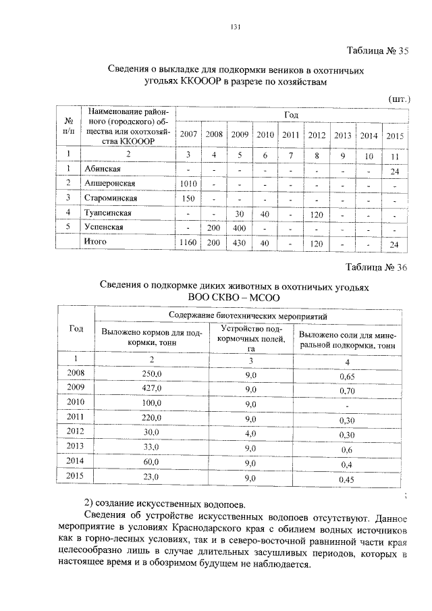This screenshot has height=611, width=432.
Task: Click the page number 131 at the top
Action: coord(236,27)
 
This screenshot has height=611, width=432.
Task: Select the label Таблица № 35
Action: coord(377,51)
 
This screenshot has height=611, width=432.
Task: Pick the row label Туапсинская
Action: coord(108,213)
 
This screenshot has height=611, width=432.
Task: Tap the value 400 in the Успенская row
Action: coord(239,228)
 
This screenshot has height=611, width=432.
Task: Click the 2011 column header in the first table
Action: coord(291,134)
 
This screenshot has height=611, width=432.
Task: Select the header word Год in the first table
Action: coord(291,113)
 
